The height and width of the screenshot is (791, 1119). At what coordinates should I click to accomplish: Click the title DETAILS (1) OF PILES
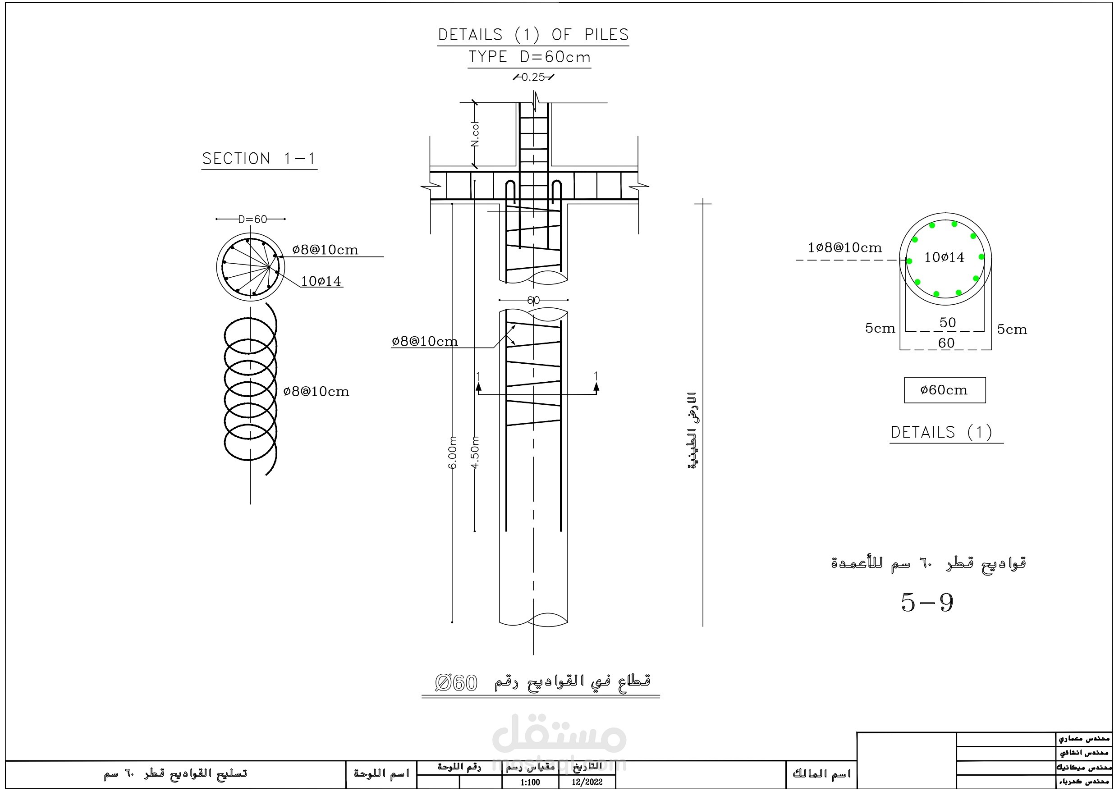pos(533,35)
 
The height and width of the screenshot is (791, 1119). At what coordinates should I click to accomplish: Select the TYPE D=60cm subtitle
pos(529,57)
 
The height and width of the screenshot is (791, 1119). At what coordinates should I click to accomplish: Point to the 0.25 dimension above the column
pos(533,77)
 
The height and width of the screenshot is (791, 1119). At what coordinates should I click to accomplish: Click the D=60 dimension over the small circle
pos(252,219)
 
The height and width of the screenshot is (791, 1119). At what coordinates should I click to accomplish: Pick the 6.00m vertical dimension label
pos(453,452)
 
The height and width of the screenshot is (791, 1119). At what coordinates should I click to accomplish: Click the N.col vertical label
pos(475,134)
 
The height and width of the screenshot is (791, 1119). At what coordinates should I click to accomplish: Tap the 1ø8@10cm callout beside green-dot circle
pos(844,247)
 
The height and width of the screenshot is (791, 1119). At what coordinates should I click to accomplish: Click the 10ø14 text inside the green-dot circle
pos(944,257)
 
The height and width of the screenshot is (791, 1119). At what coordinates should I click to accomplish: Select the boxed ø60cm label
pos(944,390)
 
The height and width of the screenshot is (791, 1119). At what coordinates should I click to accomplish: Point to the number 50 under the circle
pos(947,322)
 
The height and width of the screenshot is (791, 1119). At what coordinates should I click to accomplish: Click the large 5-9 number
pos(926,603)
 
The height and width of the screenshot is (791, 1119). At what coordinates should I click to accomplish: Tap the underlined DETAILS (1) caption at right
pos(941,432)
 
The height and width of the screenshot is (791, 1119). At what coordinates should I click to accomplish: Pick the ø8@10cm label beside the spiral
pos(316,391)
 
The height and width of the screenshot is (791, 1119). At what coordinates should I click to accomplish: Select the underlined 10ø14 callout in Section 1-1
pos(321,281)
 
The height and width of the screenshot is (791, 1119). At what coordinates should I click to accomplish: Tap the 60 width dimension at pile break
pos(533,300)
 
